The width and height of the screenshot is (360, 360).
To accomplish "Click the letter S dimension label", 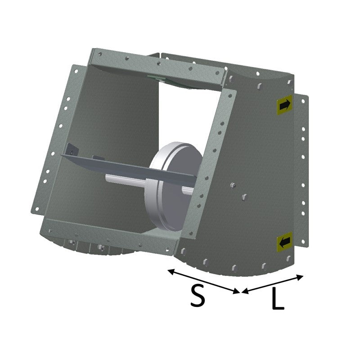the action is click(198, 295).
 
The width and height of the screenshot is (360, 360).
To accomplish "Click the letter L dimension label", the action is click(278, 298).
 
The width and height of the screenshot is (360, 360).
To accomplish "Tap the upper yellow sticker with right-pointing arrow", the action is click(285, 105).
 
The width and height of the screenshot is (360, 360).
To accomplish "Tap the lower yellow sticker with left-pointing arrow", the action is click(285, 242).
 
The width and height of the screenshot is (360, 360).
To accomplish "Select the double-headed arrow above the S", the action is click(204, 281).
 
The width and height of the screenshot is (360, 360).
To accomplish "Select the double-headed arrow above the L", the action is click(273, 284).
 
